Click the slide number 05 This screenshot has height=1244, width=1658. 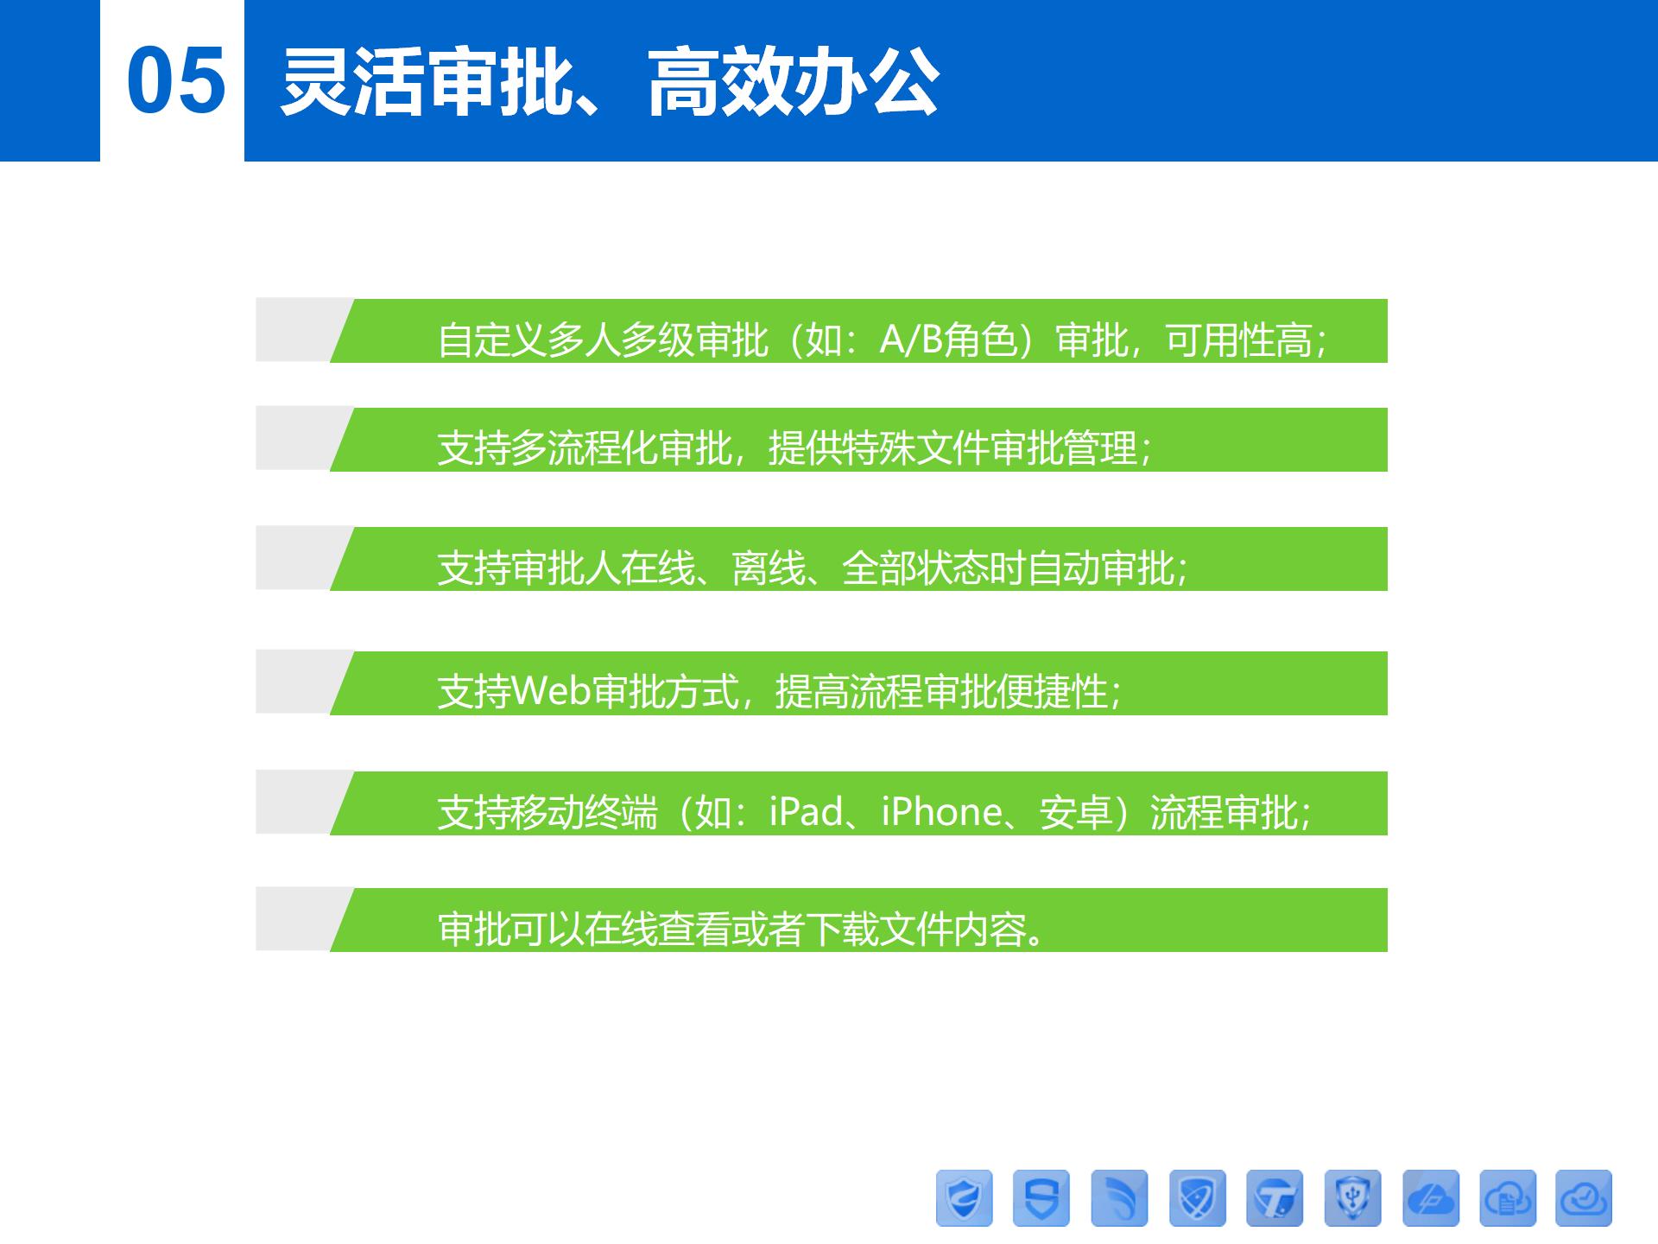(x=176, y=80)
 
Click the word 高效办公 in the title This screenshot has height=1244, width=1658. (x=794, y=82)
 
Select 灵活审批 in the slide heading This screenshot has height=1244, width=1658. (x=427, y=82)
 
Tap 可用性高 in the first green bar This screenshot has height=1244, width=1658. (x=1238, y=340)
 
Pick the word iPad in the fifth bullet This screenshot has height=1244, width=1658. (x=806, y=812)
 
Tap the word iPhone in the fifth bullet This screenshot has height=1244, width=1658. (x=941, y=812)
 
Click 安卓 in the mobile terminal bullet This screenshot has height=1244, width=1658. (x=1075, y=812)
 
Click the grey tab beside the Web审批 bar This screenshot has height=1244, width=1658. (x=299, y=682)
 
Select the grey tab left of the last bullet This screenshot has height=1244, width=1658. (x=299, y=919)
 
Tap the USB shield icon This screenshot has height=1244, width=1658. (x=1352, y=1198)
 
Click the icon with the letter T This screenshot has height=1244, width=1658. (x=1275, y=1198)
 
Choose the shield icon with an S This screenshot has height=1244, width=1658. (x=1041, y=1198)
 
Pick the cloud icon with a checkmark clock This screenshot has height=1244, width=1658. (x=1584, y=1198)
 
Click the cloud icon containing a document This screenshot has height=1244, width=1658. (x=1508, y=1198)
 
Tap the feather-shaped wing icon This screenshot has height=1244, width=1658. (x=1119, y=1198)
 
